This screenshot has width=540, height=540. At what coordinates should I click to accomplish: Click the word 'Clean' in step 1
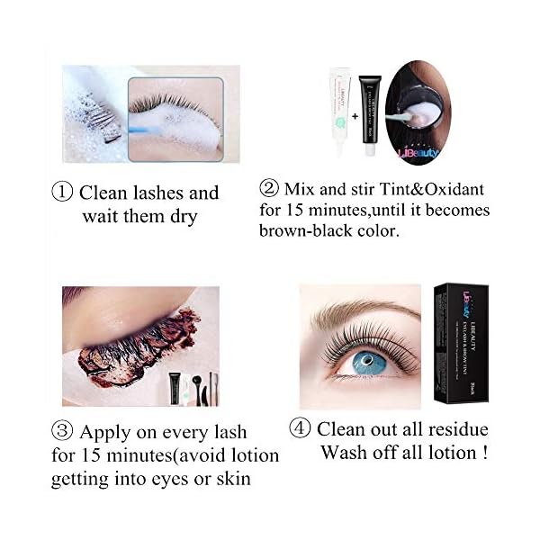pyautogui.click(x=103, y=193)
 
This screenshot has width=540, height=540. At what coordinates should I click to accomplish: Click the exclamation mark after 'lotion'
pyautogui.click(x=485, y=452)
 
